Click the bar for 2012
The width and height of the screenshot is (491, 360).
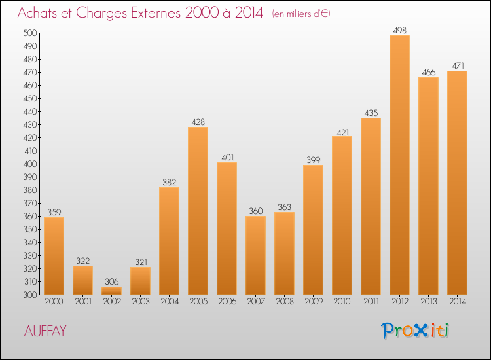click(399, 165)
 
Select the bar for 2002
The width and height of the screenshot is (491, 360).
click(111, 291)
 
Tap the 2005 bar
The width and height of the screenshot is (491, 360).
click(198, 211)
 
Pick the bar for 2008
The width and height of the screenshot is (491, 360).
click(284, 253)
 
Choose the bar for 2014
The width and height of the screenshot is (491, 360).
click(457, 183)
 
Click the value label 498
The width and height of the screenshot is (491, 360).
click(399, 30)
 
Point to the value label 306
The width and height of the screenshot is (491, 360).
click(111, 281)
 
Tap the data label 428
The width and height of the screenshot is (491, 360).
click(198, 122)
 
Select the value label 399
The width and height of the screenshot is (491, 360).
click(313, 160)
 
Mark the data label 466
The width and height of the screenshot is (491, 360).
click(428, 72)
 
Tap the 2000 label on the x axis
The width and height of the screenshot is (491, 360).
click(54, 302)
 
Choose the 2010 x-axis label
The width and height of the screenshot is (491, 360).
click(342, 302)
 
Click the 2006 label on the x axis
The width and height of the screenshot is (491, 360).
click(227, 302)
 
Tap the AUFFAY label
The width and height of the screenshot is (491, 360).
click(45, 331)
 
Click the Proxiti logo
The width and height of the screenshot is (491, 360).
click(416, 331)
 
